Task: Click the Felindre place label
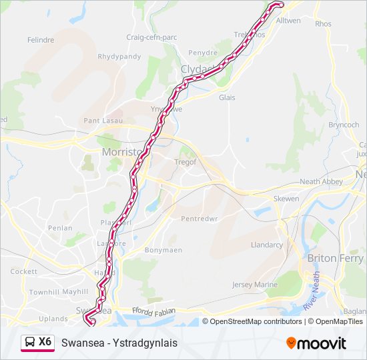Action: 41,40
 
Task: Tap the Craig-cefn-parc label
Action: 152,37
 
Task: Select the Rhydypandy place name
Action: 119,57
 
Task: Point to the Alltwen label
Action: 289,21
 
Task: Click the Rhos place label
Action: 323,23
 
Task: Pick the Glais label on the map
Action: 228,97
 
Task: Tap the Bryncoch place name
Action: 344,125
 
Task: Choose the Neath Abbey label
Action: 321,181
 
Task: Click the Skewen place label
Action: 286,199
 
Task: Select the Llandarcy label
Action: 266,245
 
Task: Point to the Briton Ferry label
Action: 335,258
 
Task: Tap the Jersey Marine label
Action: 254,285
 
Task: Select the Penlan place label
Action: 60,228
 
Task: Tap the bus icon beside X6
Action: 30,343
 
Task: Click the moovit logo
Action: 316,343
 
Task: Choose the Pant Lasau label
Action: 101,121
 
